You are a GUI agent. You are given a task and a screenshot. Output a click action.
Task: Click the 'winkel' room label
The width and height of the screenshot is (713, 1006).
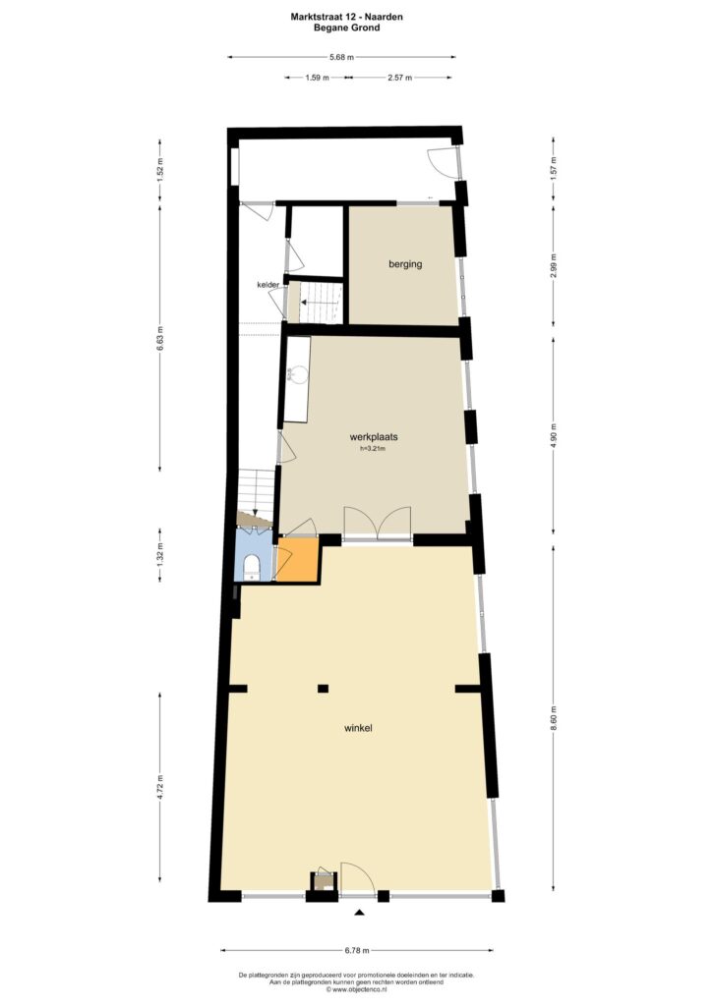(x=358, y=728)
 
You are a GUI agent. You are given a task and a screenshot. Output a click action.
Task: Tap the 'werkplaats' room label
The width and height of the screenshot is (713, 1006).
(x=373, y=437)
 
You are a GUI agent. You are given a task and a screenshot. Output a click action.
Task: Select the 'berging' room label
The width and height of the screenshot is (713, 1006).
(x=405, y=263)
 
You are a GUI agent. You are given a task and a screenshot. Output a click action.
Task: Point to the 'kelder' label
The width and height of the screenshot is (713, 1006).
(x=267, y=284)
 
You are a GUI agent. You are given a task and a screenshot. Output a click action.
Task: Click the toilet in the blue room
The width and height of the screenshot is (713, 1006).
(x=251, y=565)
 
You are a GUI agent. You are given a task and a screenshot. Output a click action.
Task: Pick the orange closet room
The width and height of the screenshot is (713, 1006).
(x=297, y=559)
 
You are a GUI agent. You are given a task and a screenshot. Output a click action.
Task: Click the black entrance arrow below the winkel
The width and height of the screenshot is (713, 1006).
(x=360, y=913)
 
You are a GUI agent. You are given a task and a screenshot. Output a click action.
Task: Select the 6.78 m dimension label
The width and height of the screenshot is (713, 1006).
(x=356, y=950)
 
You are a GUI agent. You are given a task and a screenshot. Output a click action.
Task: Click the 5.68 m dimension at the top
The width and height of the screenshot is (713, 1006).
(x=341, y=57)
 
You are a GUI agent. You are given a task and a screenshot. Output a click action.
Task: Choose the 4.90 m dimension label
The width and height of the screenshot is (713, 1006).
(x=554, y=435)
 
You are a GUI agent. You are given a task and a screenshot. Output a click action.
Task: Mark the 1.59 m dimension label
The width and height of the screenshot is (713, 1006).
(x=317, y=78)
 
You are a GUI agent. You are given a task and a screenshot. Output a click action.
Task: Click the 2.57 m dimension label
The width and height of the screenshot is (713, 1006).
(x=399, y=78)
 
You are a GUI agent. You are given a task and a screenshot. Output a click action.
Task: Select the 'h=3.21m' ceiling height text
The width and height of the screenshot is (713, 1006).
(x=373, y=448)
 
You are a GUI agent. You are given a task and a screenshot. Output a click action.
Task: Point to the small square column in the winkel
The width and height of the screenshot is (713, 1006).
(x=324, y=689)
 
